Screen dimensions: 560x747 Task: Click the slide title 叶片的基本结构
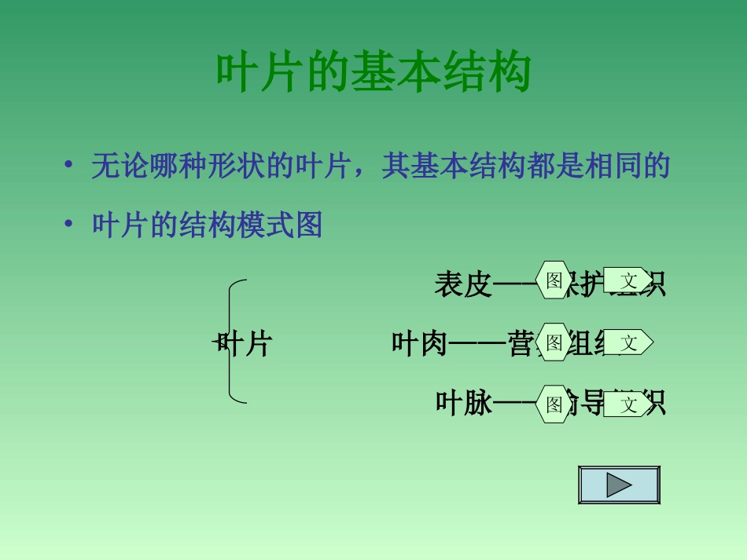pyautogui.click(x=373, y=73)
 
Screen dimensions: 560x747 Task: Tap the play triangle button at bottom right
pyautogui.click(x=619, y=485)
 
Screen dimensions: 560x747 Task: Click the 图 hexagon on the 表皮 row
pyautogui.click(x=554, y=280)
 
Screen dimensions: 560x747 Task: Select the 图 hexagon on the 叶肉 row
pyautogui.click(x=554, y=342)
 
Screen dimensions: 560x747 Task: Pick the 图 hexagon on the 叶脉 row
pyautogui.click(x=554, y=404)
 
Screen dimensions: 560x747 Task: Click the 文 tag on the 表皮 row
pyautogui.click(x=628, y=280)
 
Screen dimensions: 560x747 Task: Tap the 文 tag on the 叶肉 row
pyautogui.click(x=628, y=342)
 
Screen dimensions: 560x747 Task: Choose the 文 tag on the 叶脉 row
pyautogui.click(x=628, y=404)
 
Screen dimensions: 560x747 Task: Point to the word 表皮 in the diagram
pyautogui.click(x=462, y=284)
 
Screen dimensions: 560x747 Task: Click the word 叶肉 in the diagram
pyautogui.click(x=419, y=344)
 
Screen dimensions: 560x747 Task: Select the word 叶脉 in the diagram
pyautogui.click(x=463, y=404)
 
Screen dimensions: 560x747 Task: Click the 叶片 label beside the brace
pyautogui.click(x=245, y=344)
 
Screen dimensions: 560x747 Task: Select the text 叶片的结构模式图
pyautogui.click(x=208, y=226)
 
